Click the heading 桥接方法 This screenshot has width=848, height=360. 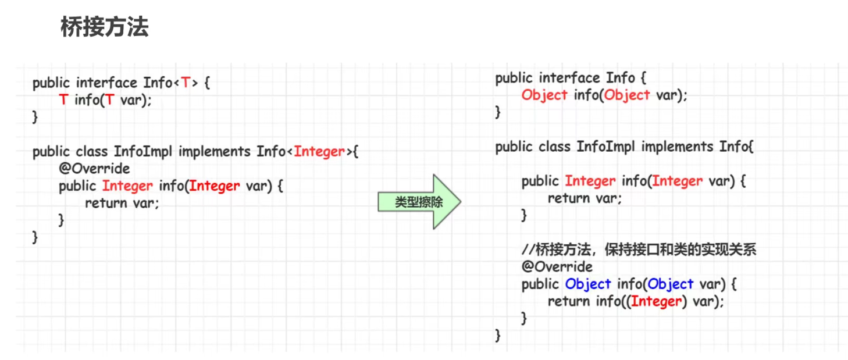[x=105, y=27]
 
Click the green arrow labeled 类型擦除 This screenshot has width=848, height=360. [x=419, y=202]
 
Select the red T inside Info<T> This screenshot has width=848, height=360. [x=185, y=83]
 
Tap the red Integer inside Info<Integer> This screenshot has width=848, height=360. [x=319, y=152]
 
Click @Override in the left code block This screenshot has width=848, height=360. [x=94, y=169]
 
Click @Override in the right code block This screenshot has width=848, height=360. [x=557, y=267]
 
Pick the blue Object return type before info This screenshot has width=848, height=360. [x=587, y=284]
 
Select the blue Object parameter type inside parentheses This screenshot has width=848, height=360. [x=671, y=284]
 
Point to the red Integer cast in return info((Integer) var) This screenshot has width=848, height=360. [x=656, y=301]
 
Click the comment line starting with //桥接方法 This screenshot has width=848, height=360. [x=639, y=250]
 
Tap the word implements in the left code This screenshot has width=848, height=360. [x=215, y=152]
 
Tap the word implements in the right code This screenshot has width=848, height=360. [x=678, y=147]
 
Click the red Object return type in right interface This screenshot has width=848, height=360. [x=544, y=95]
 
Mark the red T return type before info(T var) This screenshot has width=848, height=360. [x=63, y=100]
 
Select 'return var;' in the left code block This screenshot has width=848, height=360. [x=122, y=203]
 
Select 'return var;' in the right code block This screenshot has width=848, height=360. [x=585, y=198]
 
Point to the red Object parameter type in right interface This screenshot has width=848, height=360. [x=627, y=95]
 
